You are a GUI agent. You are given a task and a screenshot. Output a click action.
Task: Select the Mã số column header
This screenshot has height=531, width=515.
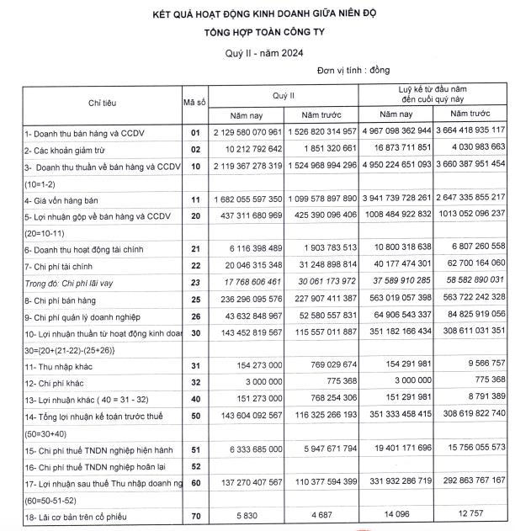pos(195,103)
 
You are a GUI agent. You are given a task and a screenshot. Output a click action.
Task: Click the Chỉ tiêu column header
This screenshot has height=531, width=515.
pos(102,103)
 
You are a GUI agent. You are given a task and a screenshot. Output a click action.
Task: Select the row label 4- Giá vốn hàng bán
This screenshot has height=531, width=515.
pos(62,199)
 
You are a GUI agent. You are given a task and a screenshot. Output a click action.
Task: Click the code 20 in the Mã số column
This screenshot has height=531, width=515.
pos(195,215)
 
